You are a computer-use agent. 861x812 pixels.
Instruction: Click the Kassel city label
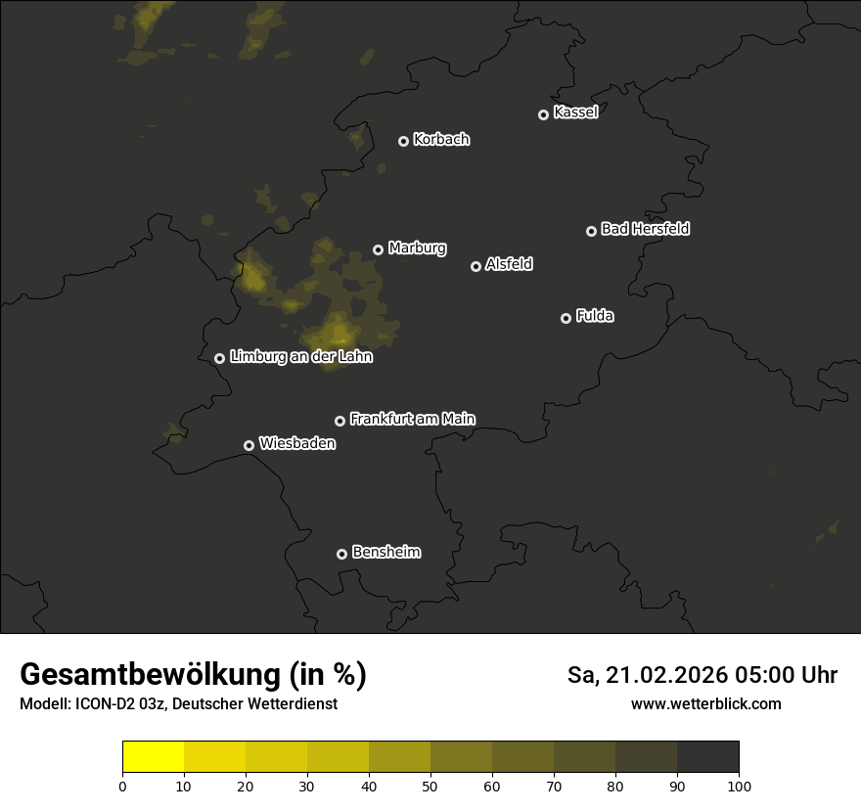575,113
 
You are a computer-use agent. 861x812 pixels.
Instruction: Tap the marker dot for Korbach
403,141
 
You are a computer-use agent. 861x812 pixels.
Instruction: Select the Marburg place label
417,248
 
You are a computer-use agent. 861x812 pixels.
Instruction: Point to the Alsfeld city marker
476,266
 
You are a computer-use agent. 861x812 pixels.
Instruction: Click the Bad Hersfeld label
645,229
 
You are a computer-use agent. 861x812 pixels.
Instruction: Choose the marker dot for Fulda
566,318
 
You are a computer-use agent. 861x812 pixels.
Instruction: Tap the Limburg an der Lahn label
301,357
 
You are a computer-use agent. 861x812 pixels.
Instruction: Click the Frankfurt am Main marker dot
340,421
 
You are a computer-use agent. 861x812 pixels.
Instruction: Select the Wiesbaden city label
297,444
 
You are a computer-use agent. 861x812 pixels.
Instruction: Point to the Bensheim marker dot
341,554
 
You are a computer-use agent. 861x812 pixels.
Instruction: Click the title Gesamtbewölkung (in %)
193,675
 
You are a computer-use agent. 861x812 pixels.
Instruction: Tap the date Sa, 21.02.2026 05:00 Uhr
702,675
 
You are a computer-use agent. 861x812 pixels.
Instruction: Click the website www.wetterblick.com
706,703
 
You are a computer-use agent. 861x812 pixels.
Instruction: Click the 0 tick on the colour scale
122,786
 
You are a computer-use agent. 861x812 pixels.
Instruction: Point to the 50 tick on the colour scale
430,786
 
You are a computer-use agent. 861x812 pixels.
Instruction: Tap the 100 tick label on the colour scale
739,786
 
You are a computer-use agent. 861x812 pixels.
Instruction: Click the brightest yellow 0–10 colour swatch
153,757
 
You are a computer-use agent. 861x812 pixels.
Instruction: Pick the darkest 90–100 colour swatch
707,757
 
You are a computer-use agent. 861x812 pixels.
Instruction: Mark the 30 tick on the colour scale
307,786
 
